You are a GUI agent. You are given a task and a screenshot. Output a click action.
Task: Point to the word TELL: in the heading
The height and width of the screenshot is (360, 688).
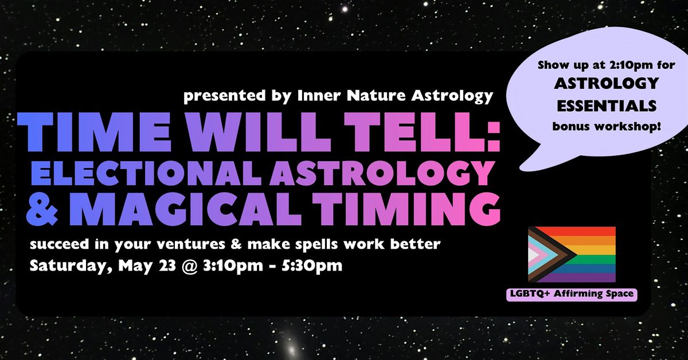coord(422,132)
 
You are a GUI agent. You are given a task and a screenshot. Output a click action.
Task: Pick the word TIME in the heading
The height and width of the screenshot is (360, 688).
coord(94,132)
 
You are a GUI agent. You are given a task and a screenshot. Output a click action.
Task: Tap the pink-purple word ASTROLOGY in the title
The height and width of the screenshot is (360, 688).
coord(382,173)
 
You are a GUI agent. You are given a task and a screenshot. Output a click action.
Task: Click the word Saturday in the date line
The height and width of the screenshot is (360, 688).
coord(72,265)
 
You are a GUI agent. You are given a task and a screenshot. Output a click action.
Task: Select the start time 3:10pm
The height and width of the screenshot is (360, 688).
coord(233,265)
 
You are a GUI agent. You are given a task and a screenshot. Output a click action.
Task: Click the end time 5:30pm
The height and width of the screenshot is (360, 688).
coord(312,265)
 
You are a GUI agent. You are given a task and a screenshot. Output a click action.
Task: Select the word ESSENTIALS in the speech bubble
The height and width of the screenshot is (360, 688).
coord(607,106)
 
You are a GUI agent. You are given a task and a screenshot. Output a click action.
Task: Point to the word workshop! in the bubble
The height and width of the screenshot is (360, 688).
coord(628,127)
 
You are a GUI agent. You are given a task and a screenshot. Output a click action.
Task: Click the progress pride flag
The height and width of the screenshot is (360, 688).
coord(572,255)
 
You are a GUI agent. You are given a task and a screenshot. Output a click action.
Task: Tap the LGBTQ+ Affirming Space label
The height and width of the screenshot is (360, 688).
coord(572,294)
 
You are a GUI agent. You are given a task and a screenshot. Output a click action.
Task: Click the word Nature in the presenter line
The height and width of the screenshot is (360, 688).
coord(376,96)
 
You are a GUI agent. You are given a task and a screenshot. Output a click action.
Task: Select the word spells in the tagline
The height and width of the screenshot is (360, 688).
coord(319,245)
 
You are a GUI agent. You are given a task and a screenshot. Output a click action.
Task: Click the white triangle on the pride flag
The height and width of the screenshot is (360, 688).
coord(533,255)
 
